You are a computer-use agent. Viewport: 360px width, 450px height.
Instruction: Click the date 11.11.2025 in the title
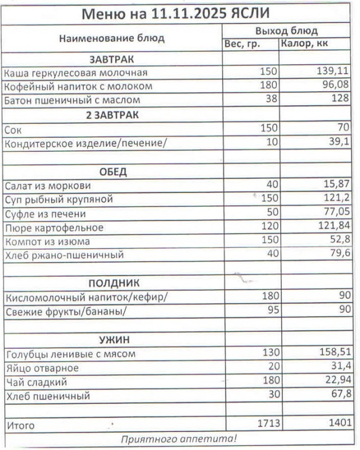188,13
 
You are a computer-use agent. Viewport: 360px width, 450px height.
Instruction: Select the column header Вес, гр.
242,44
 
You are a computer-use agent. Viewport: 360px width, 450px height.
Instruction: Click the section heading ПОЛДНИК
113,282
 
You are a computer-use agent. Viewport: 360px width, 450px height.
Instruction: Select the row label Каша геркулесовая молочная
75,73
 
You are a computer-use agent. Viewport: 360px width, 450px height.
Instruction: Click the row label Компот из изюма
47,242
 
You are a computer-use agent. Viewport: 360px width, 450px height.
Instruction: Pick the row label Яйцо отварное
42,368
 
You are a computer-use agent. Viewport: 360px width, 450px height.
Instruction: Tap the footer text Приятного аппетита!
179,439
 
